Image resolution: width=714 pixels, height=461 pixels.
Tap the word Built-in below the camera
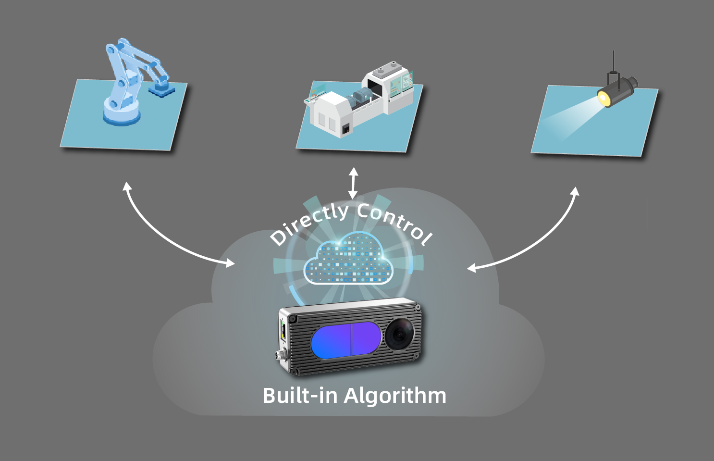[300, 395]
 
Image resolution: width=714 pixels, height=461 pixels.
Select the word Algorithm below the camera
[395, 397]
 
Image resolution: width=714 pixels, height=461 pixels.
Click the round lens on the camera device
[399, 335]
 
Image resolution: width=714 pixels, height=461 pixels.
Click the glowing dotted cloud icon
[348, 258]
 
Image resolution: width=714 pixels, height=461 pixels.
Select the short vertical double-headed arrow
[353, 183]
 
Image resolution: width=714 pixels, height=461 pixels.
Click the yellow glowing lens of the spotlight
[603, 98]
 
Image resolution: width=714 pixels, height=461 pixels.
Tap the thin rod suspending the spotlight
[613, 62]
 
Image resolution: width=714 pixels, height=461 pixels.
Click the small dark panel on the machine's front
[345, 130]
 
